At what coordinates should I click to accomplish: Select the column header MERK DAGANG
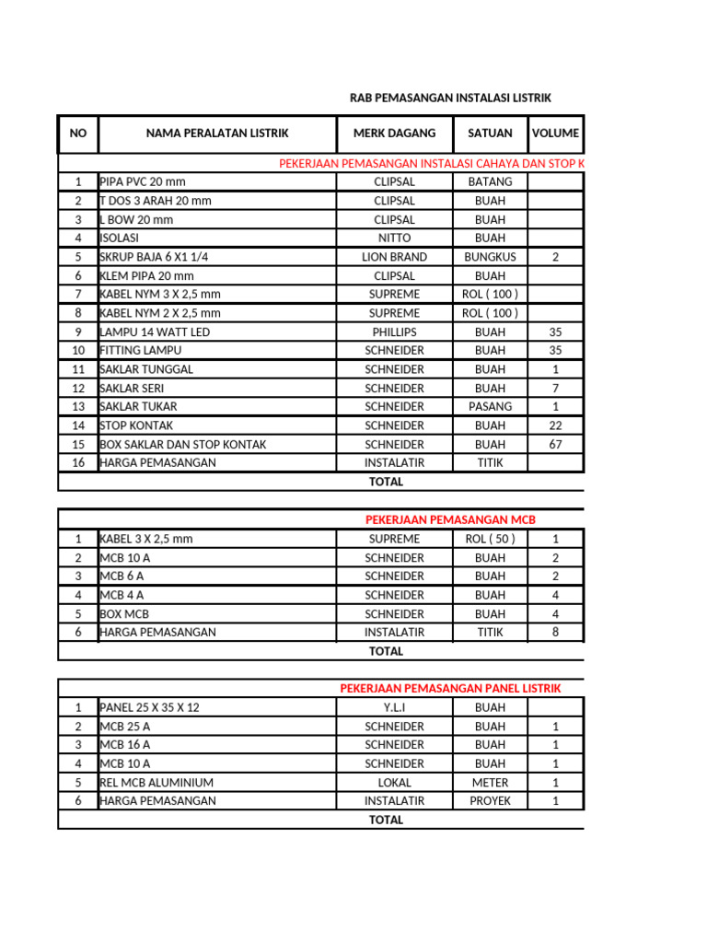(394, 134)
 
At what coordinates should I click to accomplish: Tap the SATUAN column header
(490, 134)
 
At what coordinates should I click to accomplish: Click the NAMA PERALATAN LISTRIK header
(217, 134)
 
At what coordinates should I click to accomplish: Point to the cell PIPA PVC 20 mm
(143, 182)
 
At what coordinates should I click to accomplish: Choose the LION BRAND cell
(394, 257)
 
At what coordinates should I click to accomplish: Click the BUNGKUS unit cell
(490, 257)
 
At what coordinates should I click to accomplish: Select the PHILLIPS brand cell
(394, 332)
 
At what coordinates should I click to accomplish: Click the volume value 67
(555, 444)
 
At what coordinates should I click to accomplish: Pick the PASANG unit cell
(490, 406)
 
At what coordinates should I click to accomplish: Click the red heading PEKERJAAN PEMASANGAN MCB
(450, 519)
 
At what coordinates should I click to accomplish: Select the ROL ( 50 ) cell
(490, 539)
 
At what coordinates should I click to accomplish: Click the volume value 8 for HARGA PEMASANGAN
(555, 632)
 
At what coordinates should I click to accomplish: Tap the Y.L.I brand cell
(394, 707)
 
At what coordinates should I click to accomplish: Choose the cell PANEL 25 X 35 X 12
(149, 707)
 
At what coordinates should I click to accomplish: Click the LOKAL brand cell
(394, 782)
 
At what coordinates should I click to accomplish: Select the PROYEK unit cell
(490, 800)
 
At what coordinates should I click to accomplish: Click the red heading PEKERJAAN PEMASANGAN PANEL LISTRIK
(450, 688)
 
